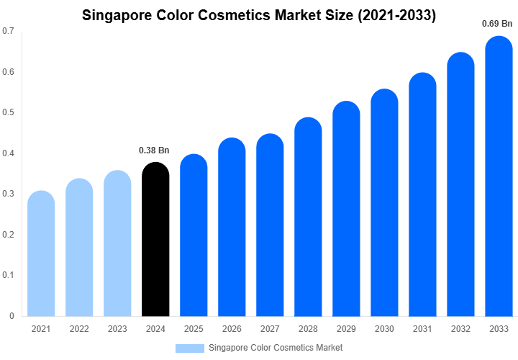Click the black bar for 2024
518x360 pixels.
(155, 241)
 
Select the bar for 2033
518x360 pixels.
(499, 187)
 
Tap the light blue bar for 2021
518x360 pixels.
(41, 256)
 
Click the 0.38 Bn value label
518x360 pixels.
(154, 150)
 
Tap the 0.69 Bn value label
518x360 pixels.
(497, 24)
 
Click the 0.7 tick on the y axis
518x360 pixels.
(8, 31)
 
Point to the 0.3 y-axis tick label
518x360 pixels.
(8, 194)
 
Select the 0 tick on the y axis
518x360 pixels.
(12, 316)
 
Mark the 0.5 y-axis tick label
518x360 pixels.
(8, 112)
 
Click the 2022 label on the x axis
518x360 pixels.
(79, 329)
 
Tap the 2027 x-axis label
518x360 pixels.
(270, 329)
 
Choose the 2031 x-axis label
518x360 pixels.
(422, 329)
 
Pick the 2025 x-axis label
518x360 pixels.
(194, 329)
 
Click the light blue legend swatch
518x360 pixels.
(190, 348)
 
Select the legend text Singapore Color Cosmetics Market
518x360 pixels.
(276, 348)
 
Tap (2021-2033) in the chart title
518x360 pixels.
(396, 14)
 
